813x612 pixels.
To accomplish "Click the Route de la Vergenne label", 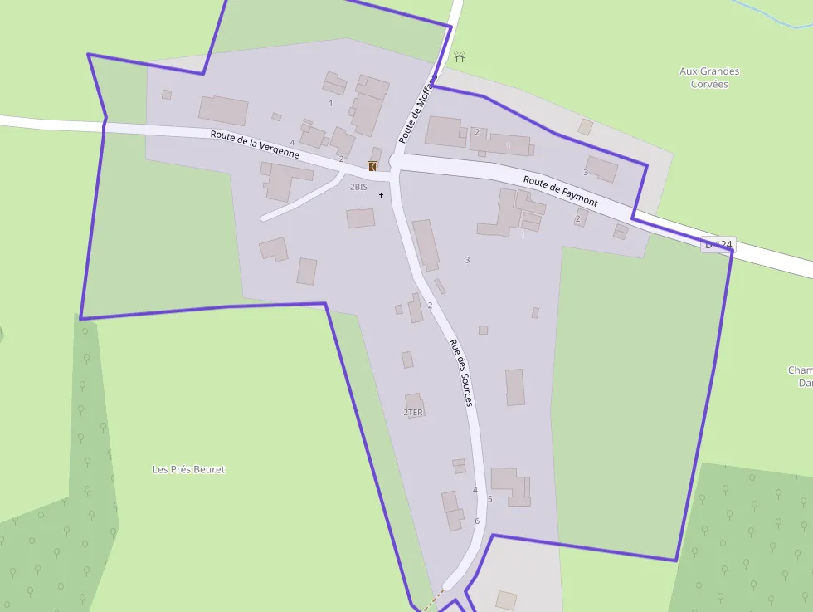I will tap(254, 144).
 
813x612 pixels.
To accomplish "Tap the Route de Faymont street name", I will tap(560, 191).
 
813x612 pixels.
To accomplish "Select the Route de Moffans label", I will tap(417, 109).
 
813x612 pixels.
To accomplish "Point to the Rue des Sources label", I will tap(460, 372).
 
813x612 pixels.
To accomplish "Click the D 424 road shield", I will tap(718, 245).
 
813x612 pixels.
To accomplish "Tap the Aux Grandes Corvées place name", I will tap(709, 77).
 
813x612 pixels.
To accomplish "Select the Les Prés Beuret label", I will tap(188, 469).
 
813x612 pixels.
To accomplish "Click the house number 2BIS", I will tap(358, 187).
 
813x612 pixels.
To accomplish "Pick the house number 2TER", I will tap(413, 412).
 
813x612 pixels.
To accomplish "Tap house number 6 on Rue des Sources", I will tap(477, 521).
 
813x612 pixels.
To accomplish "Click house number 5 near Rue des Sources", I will tap(489, 499).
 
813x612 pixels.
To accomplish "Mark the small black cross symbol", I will tap(382, 195).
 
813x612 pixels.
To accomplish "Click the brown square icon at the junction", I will tap(372, 166).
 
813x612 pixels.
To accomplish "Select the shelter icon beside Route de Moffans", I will tap(460, 56).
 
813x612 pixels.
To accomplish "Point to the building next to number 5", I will tap(510, 486).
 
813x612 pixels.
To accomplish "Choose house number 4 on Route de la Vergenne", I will tap(292, 143).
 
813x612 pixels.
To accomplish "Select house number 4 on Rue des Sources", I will tap(475, 490).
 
